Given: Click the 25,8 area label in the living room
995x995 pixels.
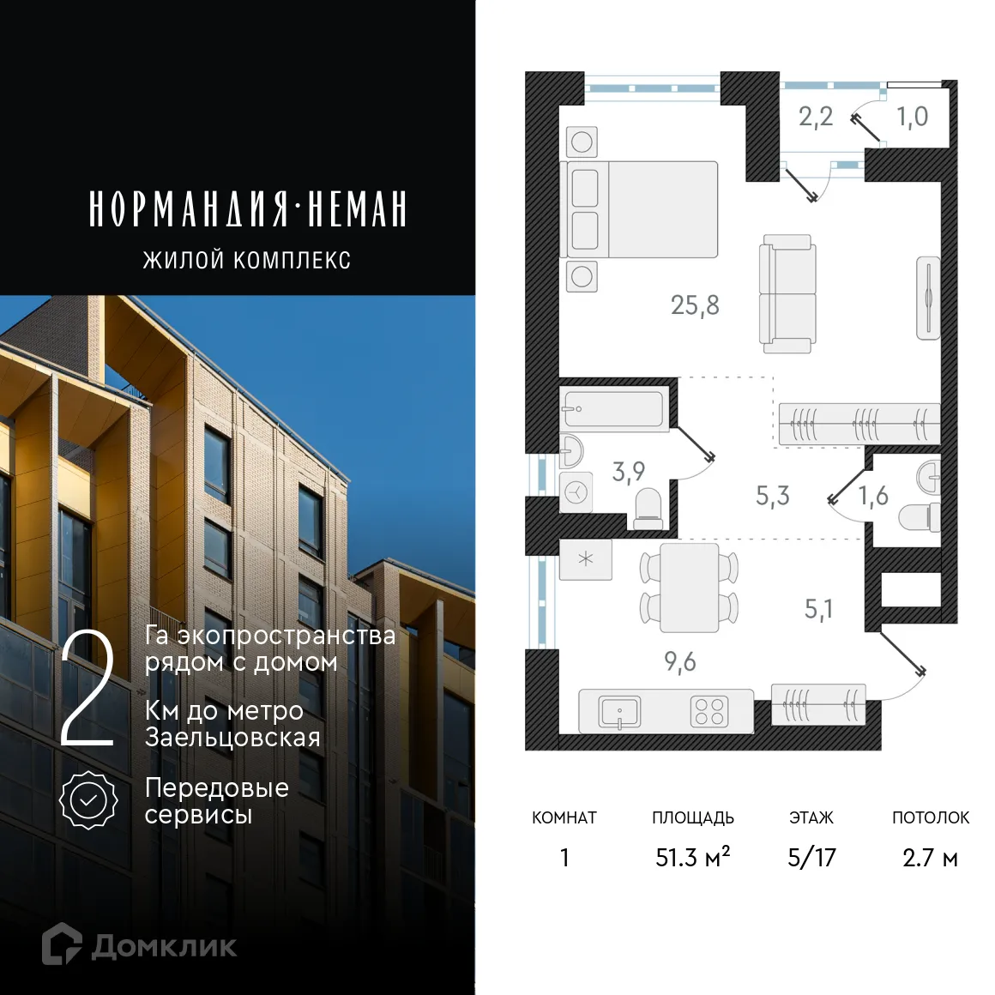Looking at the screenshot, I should pyautogui.click(x=695, y=305).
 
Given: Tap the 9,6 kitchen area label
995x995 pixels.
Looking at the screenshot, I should pyautogui.click(x=679, y=661).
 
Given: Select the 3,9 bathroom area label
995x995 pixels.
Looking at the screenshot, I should pyautogui.click(x=628, y=471).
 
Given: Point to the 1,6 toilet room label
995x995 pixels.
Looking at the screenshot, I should pyautogui.click(x=873, y=496).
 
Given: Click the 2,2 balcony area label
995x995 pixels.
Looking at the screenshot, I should pyautogui.click(x=815, y=117).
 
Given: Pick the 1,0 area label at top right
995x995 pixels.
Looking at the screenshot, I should pyautogui.click(x=912, y=117).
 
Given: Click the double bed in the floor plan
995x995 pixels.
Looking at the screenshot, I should pyautogui.click(x=642, y=209).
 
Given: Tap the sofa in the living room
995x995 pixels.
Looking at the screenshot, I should pyautogui.click(x=787, y=294).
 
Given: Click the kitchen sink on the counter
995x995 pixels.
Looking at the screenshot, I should pyautogui.click(x=619, y=712).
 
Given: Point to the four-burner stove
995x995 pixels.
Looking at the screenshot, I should pyautogui.click(x=709, y=712).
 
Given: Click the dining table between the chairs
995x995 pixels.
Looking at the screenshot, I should pyautogui.click(x=689, y=588).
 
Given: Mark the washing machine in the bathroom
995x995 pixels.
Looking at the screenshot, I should pyautogui.click(x=576, y=492).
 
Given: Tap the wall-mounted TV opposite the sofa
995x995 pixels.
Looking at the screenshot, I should pyautogui.click(x=928, y=298).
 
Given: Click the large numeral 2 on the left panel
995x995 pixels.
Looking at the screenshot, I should pyautogui.click(x=87, y=690).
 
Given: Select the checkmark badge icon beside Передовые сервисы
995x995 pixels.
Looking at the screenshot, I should pyautogui.click(x=87, y=800).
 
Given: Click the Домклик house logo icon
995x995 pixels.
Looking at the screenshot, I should pyautogui.click(x=62, y=944).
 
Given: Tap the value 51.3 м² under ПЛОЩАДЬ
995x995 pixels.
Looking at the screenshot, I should pyautogui.click(x=692, y=857).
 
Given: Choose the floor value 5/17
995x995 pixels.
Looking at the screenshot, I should pyautogui.click(x=811, y=857).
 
